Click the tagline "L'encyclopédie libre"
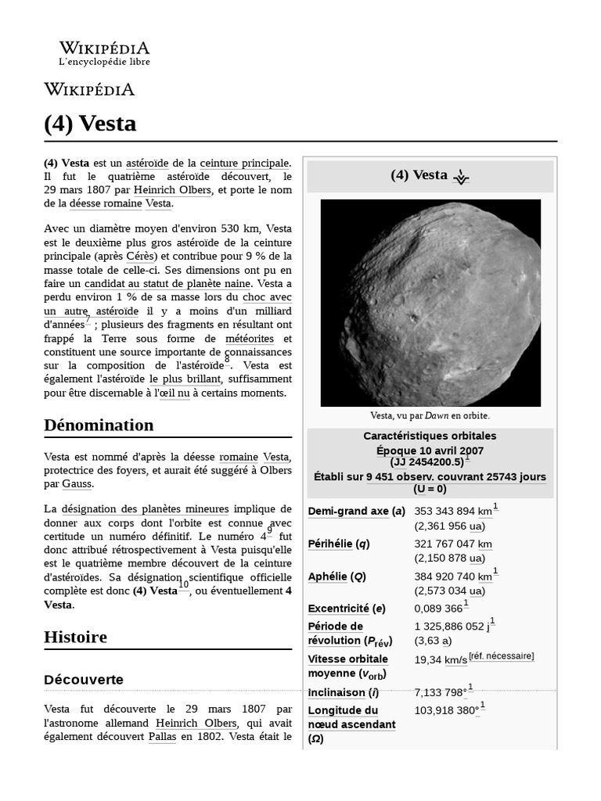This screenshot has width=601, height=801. point(104,62)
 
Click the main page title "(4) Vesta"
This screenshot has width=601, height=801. point(90,124)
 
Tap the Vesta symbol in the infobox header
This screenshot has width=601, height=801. point(461,177)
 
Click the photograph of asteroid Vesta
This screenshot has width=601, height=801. point(430,302)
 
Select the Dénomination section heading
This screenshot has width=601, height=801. point(99,425)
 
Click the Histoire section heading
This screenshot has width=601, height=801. point(75,637)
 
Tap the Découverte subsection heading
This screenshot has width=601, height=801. point(84,680)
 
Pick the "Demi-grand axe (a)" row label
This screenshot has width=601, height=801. point(356,512)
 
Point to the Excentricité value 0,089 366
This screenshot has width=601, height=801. point(438,608)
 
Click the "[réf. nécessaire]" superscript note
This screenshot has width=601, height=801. point(502,656)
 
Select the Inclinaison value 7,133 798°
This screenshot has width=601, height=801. point(440,692)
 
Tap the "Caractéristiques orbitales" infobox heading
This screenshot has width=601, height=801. point(430,436)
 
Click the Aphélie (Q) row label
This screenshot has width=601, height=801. point(336,577)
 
